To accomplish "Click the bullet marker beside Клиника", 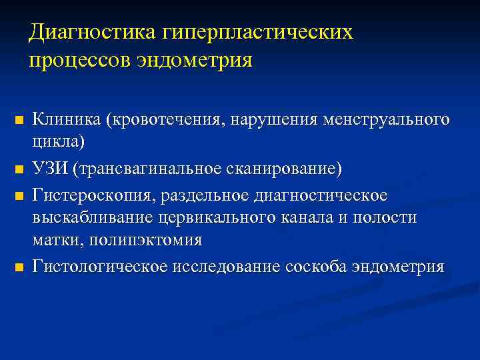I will pos(19,121).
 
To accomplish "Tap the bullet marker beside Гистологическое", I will pos(19,268).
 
